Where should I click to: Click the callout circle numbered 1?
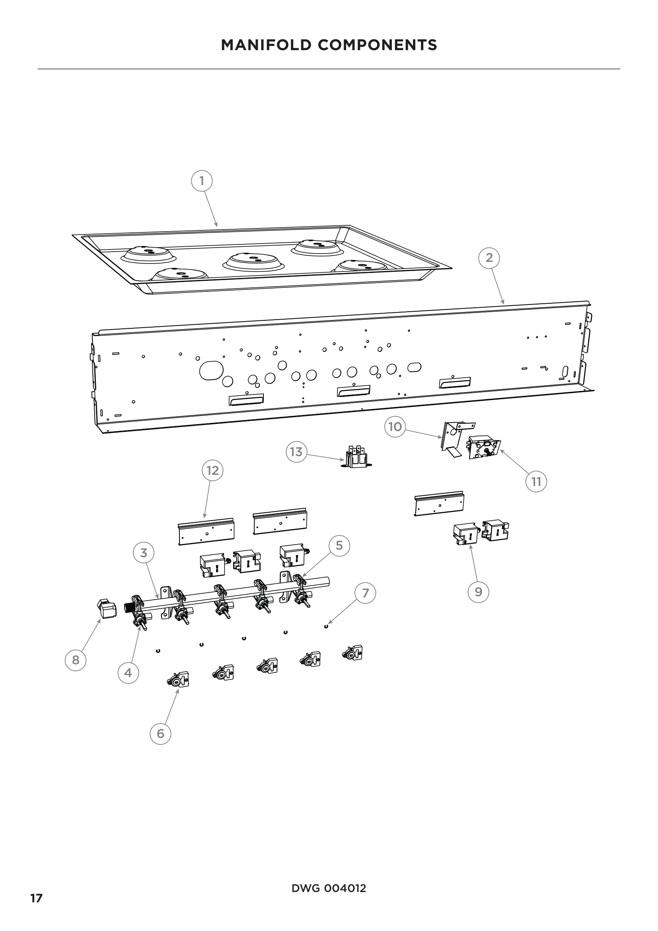click(202, 180)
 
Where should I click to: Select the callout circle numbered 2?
click(489, 258)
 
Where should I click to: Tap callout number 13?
click(296, 451)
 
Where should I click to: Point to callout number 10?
click(395, 426)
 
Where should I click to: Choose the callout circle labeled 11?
click(536, 481)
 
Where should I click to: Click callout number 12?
click(212, 470)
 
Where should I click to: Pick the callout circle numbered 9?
click(479, 591)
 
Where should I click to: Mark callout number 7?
click(366, 593)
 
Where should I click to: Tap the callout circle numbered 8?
click(76, 660)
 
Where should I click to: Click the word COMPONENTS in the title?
click(377, 45)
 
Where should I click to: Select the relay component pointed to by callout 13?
click(356, 457)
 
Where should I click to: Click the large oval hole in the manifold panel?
click(211, 370)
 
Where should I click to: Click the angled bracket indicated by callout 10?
click(453, 435)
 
